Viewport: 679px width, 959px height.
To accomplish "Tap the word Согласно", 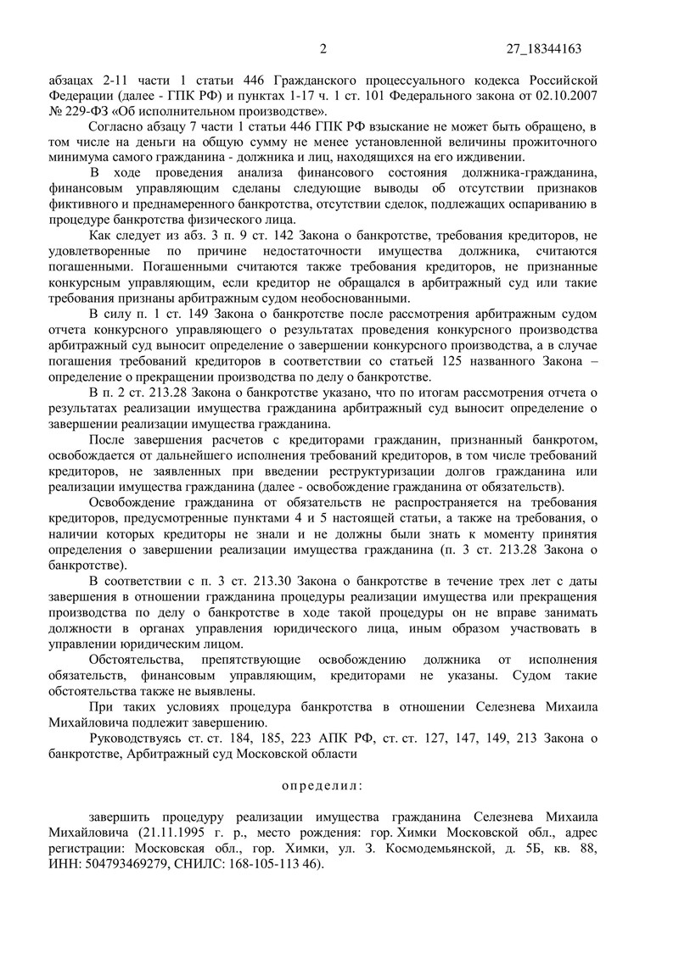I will tap(116, 125).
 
